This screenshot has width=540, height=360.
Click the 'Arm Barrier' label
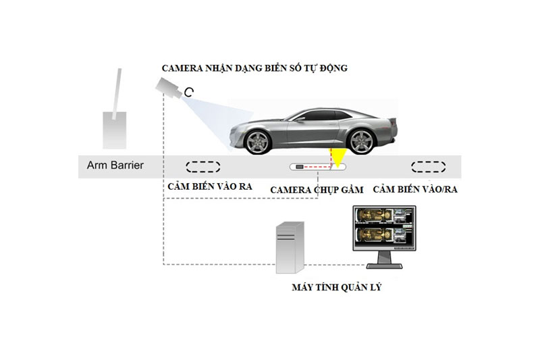point(115,165)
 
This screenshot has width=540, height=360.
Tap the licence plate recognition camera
point(168,88)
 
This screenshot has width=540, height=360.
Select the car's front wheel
point(257,142)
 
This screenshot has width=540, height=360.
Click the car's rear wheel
point(360,142)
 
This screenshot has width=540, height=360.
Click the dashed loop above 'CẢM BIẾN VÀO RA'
point(203,167)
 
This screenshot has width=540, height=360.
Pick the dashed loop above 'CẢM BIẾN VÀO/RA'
point(429,167)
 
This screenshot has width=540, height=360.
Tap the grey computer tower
point(290,247)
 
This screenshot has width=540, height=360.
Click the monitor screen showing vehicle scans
point(384,229)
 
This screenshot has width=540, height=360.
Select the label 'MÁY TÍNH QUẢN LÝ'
point(336,287)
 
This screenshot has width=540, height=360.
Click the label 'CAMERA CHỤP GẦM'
point(317,190)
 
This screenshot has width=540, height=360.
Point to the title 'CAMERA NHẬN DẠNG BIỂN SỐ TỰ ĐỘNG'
point(254,68)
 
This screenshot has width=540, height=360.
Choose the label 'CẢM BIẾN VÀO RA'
point(210,186)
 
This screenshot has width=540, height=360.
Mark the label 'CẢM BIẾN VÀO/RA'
point(415,189)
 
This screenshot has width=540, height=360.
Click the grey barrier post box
point(115,130)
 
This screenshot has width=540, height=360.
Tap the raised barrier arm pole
point(116,94)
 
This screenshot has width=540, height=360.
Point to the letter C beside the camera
point(189,92)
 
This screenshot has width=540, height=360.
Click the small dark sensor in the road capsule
point(300,167)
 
